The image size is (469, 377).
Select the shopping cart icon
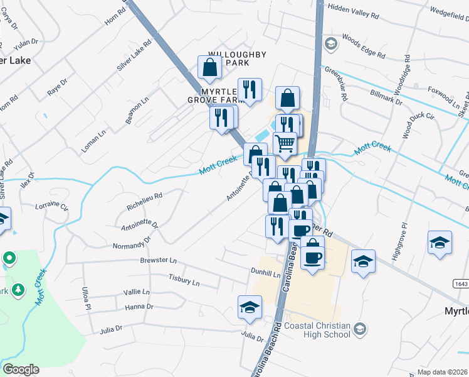coord(285,144)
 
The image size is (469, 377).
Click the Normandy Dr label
coord(131,243)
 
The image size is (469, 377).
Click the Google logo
coord(21,369)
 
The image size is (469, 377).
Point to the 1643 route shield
coord(460,284)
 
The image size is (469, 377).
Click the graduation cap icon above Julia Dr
coord(250,307)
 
